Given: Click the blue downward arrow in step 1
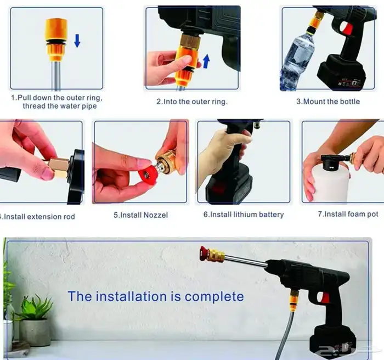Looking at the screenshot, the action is click(77, 41).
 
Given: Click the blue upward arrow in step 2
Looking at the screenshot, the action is click(206, 61).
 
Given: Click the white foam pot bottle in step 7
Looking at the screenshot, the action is click(330, 183).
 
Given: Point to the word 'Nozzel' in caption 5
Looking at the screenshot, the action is click(155, 215).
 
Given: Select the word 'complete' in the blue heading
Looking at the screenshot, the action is click(214, 297).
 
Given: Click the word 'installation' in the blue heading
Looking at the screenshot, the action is click(130, 296).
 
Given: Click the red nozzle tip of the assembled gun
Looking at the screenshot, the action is click(204, 254).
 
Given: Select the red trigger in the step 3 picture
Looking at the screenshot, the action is click(347, 29).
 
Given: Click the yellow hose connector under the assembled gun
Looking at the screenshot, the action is click(294, 300).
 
